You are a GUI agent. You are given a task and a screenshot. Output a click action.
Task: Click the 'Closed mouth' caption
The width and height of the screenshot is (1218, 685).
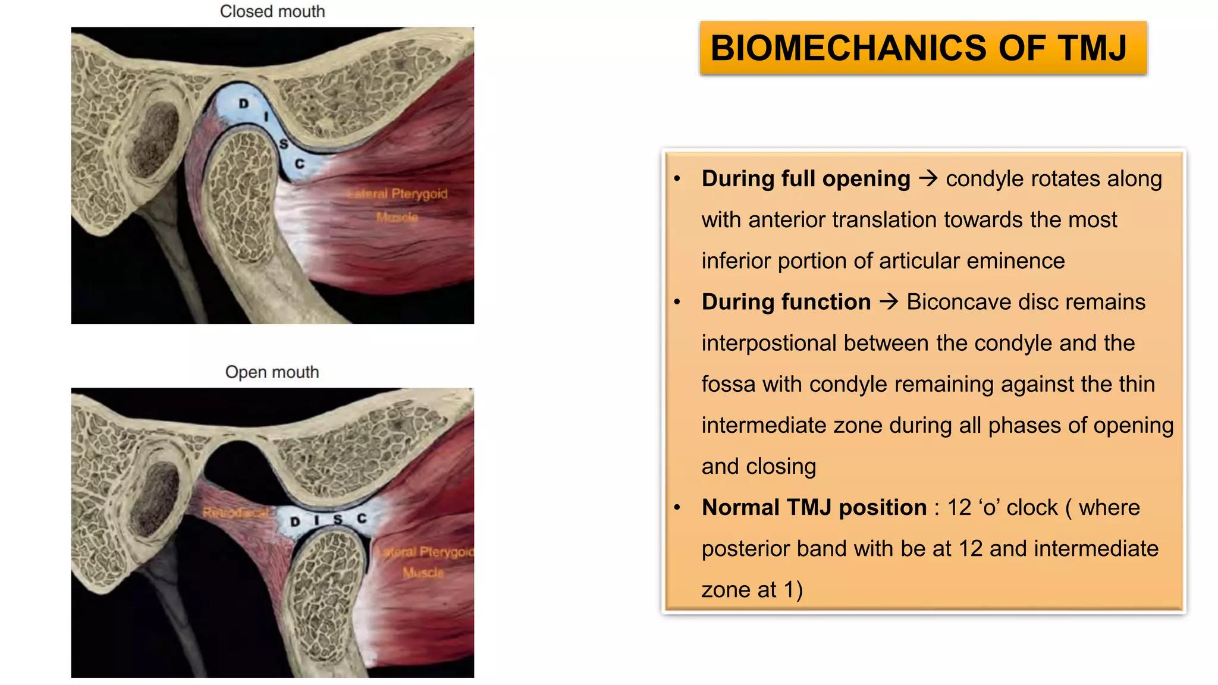coord(272,11)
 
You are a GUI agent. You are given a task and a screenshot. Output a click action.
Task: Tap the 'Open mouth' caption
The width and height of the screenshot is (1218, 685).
coord(272,372)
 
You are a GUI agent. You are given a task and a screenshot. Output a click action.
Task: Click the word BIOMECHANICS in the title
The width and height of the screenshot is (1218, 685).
coord(847,48)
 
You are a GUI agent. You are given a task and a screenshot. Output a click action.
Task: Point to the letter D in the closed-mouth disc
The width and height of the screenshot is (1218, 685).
coord(243,103)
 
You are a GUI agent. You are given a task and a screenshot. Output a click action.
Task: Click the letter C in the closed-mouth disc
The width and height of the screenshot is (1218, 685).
coord(300,164)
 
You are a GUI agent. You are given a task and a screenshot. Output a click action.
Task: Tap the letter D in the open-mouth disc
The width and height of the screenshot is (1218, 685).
coord(295,522)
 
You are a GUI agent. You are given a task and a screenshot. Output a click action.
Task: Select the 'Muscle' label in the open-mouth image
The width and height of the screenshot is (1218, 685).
coord(423,573)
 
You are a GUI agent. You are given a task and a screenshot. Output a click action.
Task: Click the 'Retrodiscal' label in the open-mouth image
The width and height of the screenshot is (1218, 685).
coord(236,513)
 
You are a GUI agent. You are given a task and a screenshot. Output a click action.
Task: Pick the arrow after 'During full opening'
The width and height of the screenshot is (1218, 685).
coord(928,178)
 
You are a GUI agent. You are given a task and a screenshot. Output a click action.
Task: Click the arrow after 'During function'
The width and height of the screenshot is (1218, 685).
coord(889,302)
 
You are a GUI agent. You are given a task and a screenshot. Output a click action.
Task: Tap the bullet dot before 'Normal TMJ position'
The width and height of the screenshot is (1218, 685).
coord(677,508)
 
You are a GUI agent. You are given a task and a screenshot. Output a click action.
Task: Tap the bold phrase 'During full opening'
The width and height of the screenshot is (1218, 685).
coord(806,178)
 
